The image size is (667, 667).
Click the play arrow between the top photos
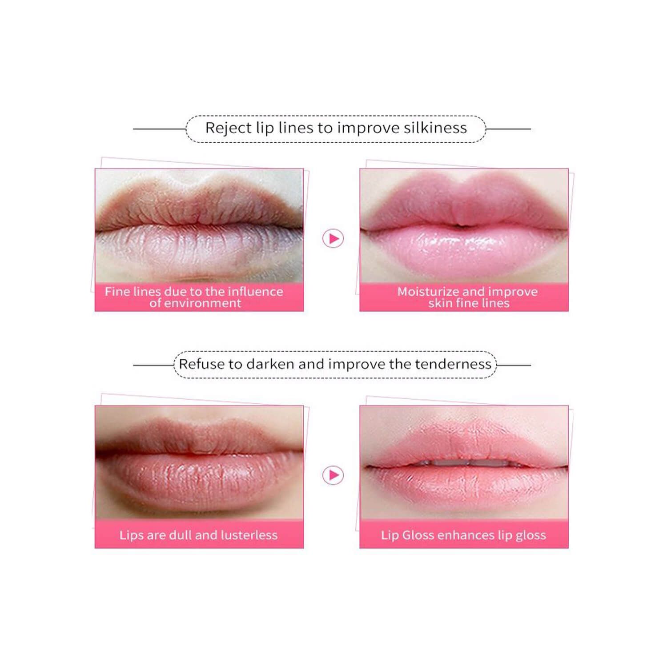333,239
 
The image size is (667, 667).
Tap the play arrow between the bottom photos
333,475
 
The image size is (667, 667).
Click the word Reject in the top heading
228,129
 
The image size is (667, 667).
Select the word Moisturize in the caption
428,292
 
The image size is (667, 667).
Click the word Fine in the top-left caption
117,292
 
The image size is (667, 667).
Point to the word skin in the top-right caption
441,303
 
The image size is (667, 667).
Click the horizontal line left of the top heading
160,129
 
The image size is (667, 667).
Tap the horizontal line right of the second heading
514,365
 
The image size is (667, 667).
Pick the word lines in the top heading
296,128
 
